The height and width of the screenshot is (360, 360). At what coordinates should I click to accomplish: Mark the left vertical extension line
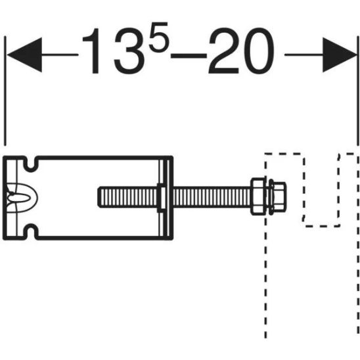point(5,99)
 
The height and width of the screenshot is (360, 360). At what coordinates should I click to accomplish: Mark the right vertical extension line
point(355,99)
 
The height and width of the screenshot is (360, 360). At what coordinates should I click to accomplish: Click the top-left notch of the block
point(30,160)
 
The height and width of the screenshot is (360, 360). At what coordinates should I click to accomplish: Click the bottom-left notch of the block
point(30,231)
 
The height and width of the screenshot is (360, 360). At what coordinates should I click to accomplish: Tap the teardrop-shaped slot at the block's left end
point(18,196)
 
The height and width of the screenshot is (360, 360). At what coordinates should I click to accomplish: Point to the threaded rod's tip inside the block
point(102,196)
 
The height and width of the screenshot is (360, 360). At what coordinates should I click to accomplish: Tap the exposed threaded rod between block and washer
point(210,196)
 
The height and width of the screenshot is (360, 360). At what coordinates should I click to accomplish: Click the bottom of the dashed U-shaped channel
point(320,225)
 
